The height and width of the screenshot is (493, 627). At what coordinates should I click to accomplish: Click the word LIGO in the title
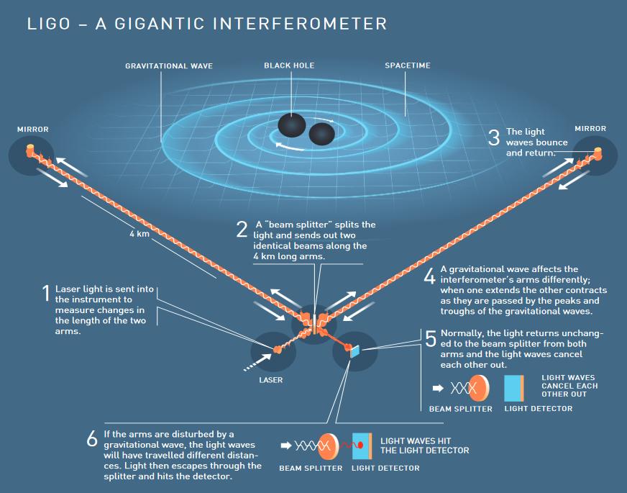(48, 24)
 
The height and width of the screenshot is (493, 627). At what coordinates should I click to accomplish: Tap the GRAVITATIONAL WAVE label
(169, 66)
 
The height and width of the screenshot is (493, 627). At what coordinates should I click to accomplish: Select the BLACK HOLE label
(289, 65)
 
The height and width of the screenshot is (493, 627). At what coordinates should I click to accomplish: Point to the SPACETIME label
(408, 65)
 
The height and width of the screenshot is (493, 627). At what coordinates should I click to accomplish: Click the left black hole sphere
(292, 125)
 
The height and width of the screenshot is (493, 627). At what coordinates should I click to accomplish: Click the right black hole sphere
(322, 134)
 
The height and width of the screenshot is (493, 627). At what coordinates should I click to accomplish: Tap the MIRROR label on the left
(33, 130)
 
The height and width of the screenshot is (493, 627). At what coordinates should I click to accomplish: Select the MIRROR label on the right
(590, 129)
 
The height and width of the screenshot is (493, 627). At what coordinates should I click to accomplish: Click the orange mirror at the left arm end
(30, 150)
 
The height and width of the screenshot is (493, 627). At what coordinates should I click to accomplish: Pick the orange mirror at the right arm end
(598, 153)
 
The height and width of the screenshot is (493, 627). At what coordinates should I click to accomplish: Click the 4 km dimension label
(139, 234)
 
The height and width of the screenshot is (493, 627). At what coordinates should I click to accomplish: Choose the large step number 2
(242, 230)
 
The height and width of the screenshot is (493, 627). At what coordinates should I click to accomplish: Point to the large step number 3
(494, 137)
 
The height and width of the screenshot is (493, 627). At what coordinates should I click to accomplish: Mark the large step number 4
(429, 276)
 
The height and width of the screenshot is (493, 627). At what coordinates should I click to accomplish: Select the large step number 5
(430, 339)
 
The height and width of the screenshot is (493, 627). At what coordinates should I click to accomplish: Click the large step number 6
(92, 438)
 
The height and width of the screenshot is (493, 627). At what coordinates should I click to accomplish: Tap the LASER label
(270, 380)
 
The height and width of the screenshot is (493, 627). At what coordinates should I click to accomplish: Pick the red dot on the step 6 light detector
(360, 445)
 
